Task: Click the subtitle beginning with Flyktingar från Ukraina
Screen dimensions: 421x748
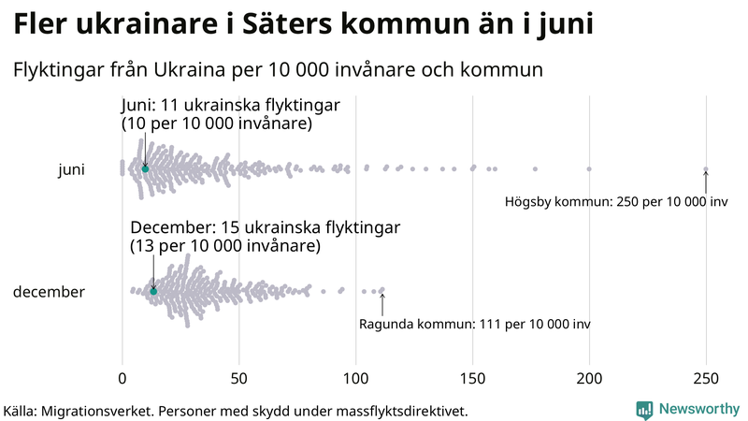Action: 278,69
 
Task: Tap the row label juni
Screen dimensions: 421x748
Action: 71,169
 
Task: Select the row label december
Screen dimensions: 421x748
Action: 49,292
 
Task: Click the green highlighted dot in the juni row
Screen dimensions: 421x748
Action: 145,168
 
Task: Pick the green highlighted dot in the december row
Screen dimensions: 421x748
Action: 153,291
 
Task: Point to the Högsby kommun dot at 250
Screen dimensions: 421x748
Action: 706,169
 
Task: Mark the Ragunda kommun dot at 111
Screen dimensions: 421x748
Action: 381,291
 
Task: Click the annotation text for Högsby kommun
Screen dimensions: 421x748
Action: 616,201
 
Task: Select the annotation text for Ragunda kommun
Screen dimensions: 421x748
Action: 474,324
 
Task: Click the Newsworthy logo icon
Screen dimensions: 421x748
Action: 644,409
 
